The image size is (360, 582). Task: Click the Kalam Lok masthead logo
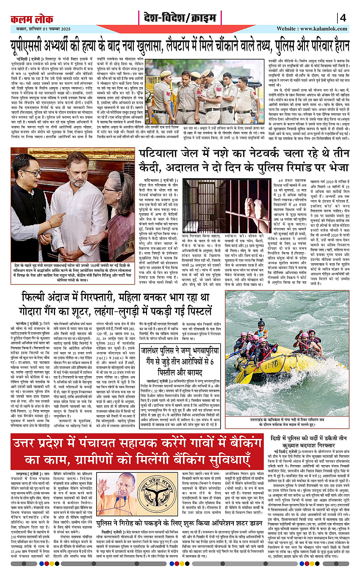32,19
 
